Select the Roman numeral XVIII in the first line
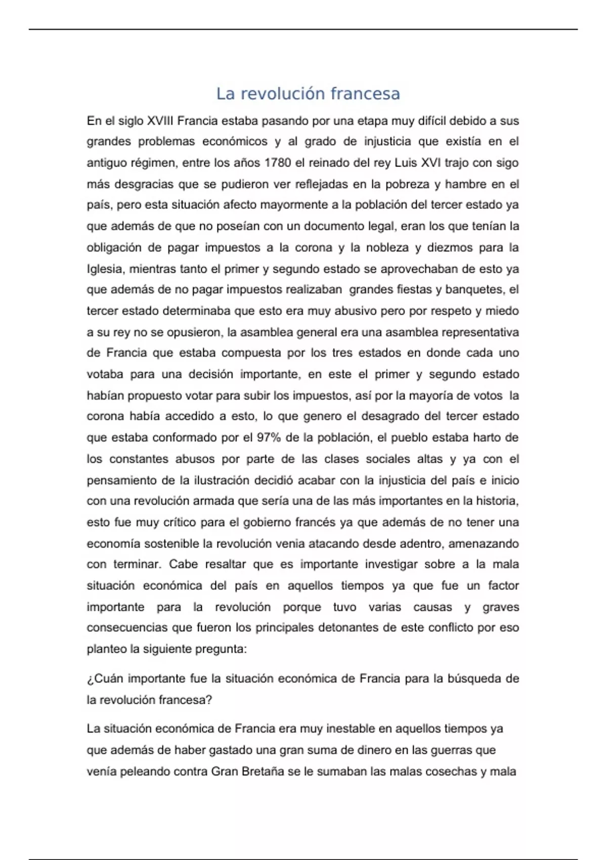coord(159,121)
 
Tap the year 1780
coord(277,163)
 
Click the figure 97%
coord(269,438)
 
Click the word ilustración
coord(226,480)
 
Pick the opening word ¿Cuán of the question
coord(105,678)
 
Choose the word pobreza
coord(404,184)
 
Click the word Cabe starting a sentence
coord(184,564)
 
